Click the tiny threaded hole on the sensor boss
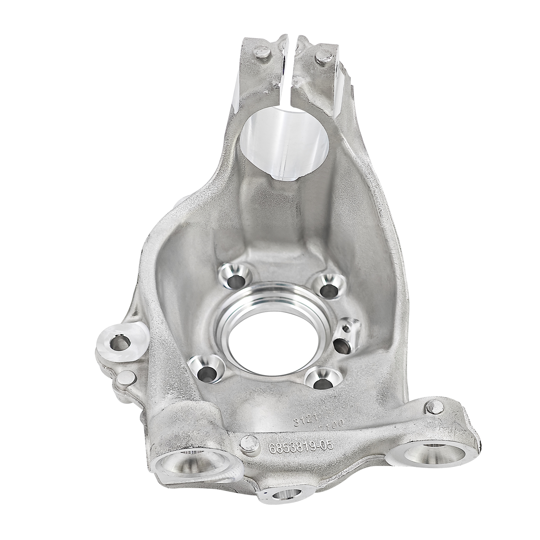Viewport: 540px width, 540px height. click(346, 328)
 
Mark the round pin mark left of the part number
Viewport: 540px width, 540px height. click(248, 441)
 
